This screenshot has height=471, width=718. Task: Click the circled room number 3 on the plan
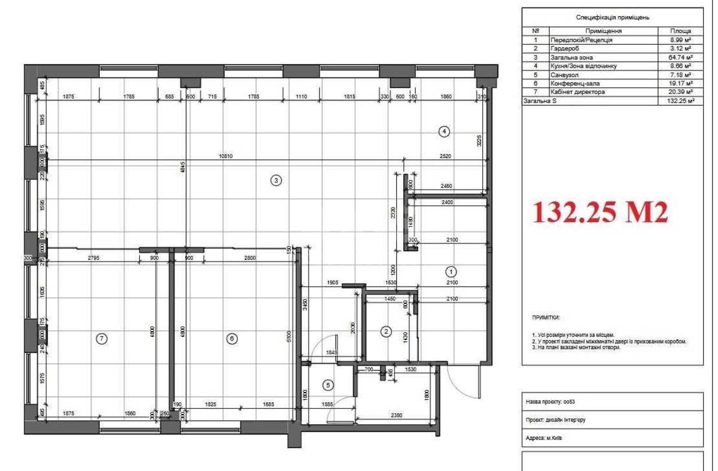pos(276,180)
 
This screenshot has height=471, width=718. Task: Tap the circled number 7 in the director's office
pos(102,339)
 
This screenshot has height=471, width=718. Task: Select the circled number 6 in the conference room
pos(232,339)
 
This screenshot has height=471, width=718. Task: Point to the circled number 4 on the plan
pos(443,131)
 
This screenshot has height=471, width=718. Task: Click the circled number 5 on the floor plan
pos(327,385)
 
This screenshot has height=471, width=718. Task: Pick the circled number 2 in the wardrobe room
pos(387,331)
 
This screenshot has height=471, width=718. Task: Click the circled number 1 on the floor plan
pos(452,270)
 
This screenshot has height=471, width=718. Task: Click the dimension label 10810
pos(226,156)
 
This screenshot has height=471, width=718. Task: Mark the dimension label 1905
pos(333,282)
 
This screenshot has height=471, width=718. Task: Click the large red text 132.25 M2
pos(600,212)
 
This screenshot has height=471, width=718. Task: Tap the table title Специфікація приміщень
pos(612,18)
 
